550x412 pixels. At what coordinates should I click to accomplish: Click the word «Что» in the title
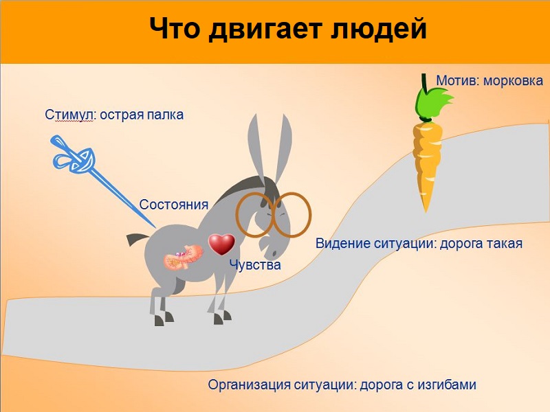175,28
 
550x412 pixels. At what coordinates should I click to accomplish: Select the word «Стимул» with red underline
69,115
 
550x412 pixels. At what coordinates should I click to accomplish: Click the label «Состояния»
174,205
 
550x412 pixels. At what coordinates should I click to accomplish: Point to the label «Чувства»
255,265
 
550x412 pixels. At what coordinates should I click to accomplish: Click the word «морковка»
513,81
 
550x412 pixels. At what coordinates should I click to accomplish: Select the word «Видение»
342,244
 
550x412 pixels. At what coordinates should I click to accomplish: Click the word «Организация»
249,385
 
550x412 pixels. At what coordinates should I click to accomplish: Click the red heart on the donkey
221,244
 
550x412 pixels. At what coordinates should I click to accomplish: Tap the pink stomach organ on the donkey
184,257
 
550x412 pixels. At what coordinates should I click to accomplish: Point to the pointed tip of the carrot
426,211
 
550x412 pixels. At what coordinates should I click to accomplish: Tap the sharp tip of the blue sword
155,227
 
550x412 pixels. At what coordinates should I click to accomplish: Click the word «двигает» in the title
265,29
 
